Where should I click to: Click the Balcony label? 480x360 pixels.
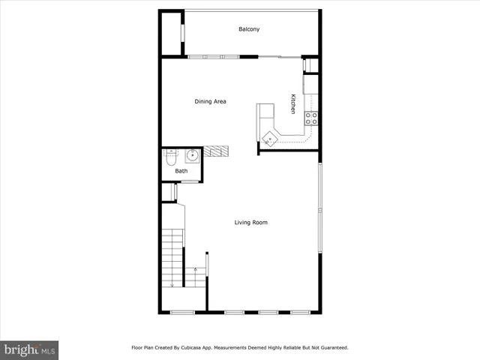click(249, 29)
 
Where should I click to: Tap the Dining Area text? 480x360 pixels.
click(211, 102)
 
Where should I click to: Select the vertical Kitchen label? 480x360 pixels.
click(293, 103)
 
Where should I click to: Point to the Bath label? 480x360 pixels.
click(181, 171)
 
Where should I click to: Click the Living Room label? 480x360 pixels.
click(250, 222)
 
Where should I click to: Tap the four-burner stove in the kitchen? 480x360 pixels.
click(310, 118)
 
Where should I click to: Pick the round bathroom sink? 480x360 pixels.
click(192, 156)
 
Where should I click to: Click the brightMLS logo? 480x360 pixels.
click(30, 349)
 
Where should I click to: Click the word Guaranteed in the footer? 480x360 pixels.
click(332, 348)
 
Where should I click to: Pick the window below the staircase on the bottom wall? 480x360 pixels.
click(182, 312)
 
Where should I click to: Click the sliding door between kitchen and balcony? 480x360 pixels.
click(279, 57)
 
